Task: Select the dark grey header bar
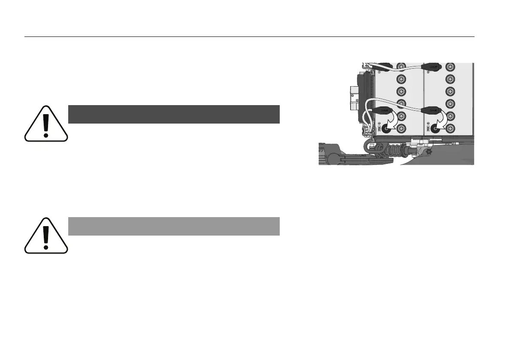click(x=174, y=114)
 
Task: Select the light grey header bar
click(x=174, y=226)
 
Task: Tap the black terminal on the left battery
click(x=387, y=128)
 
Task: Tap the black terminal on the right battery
click(x=436, y=128)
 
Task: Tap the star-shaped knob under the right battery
click(x=426, y=151)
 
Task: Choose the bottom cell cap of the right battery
click(x=450, y=127)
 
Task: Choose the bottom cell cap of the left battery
click(x=401, y=127)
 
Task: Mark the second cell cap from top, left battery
click(x=401, y=79)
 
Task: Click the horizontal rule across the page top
click(x=249, y=37)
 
